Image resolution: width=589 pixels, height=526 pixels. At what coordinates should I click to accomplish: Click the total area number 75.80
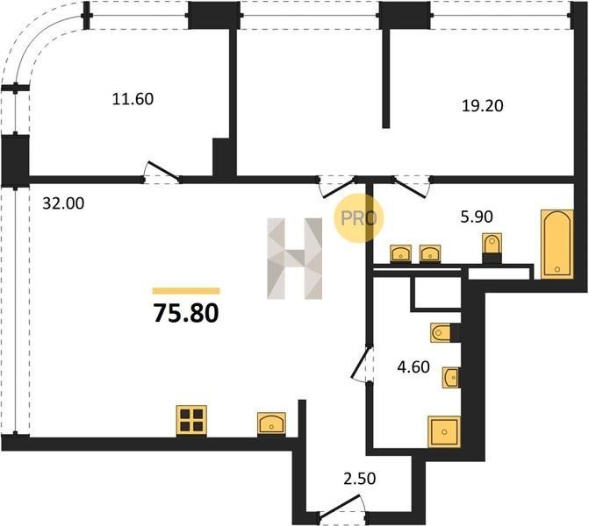coord(186,313)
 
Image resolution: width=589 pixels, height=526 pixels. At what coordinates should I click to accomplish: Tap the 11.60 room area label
coord(133,99)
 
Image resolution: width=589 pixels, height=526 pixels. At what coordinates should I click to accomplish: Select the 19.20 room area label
coord(482,106)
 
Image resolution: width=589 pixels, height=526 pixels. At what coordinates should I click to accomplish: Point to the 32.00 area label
coord(63,203)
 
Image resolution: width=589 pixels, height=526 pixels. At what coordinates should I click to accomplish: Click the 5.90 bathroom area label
coord(477,217)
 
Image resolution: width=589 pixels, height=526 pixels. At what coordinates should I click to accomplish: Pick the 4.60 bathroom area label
coord(413,367)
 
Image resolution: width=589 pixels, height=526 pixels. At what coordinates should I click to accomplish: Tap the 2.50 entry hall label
coord(360,479)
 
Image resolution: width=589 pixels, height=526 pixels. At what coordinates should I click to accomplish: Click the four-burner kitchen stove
coord(191,421)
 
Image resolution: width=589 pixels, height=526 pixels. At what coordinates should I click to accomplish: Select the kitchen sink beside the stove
coord(271,424)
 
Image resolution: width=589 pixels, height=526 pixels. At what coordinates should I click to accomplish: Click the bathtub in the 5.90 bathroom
coord(557,245)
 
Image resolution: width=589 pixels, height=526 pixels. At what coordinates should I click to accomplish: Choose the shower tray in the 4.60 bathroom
coord(444,432)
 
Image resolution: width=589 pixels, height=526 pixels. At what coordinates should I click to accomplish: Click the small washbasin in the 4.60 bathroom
coord(451,378)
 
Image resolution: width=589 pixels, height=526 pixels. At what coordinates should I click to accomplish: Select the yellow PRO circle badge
coord(358,218)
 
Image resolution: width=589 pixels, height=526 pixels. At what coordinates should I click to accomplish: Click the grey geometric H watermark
coord(295,259)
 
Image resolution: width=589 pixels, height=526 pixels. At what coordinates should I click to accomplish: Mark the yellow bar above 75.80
coord(186,291)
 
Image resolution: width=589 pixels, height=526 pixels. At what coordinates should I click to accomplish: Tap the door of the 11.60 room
coord(162,173)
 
